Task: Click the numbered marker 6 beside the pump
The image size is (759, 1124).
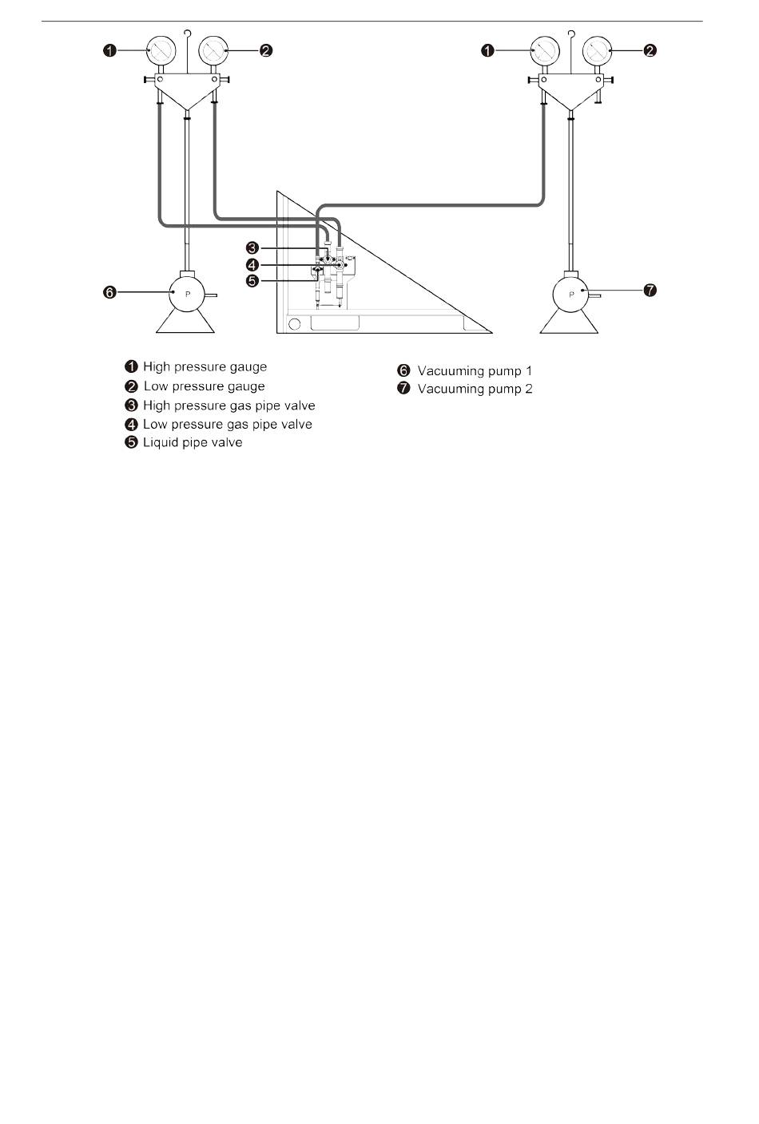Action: click(x=110, y=293)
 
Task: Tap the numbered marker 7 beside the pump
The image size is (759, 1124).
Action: click(x=650, y=291)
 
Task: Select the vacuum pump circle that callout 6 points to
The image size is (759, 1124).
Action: click(x=188, y=294)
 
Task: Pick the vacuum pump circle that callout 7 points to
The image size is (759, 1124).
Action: click(x=571, y=294)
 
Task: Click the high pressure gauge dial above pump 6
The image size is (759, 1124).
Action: click(x=161, y=51)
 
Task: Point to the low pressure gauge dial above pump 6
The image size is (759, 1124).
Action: click(x=212, y=51)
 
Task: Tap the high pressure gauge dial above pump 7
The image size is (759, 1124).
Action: click(x=544, y=51)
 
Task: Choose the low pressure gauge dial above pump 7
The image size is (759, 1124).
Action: click(x=596, y=51)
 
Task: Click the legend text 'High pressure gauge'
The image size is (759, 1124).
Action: click(x=205, y=367)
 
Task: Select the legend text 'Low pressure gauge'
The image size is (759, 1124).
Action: click(x=204, y=386)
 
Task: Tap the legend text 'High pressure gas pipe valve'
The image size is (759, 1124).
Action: click(x=228, y=406)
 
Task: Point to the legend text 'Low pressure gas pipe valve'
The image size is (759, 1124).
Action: click(x=227, y=425)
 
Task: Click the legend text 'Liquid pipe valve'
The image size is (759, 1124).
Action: click(x=193, y=443)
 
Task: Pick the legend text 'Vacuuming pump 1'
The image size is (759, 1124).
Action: click(x=475, y=371)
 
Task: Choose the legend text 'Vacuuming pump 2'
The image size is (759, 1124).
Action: click(x=475, y=390)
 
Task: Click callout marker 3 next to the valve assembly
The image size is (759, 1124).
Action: click(x=252, y=248)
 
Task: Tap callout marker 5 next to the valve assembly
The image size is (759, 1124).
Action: click(x=252, y=281)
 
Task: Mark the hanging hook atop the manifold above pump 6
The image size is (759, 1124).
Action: click(x=186, y=34)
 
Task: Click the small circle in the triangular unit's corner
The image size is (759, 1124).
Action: click(x=294, y=324)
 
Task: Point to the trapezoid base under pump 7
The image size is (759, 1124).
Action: click(x=570, y=322)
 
